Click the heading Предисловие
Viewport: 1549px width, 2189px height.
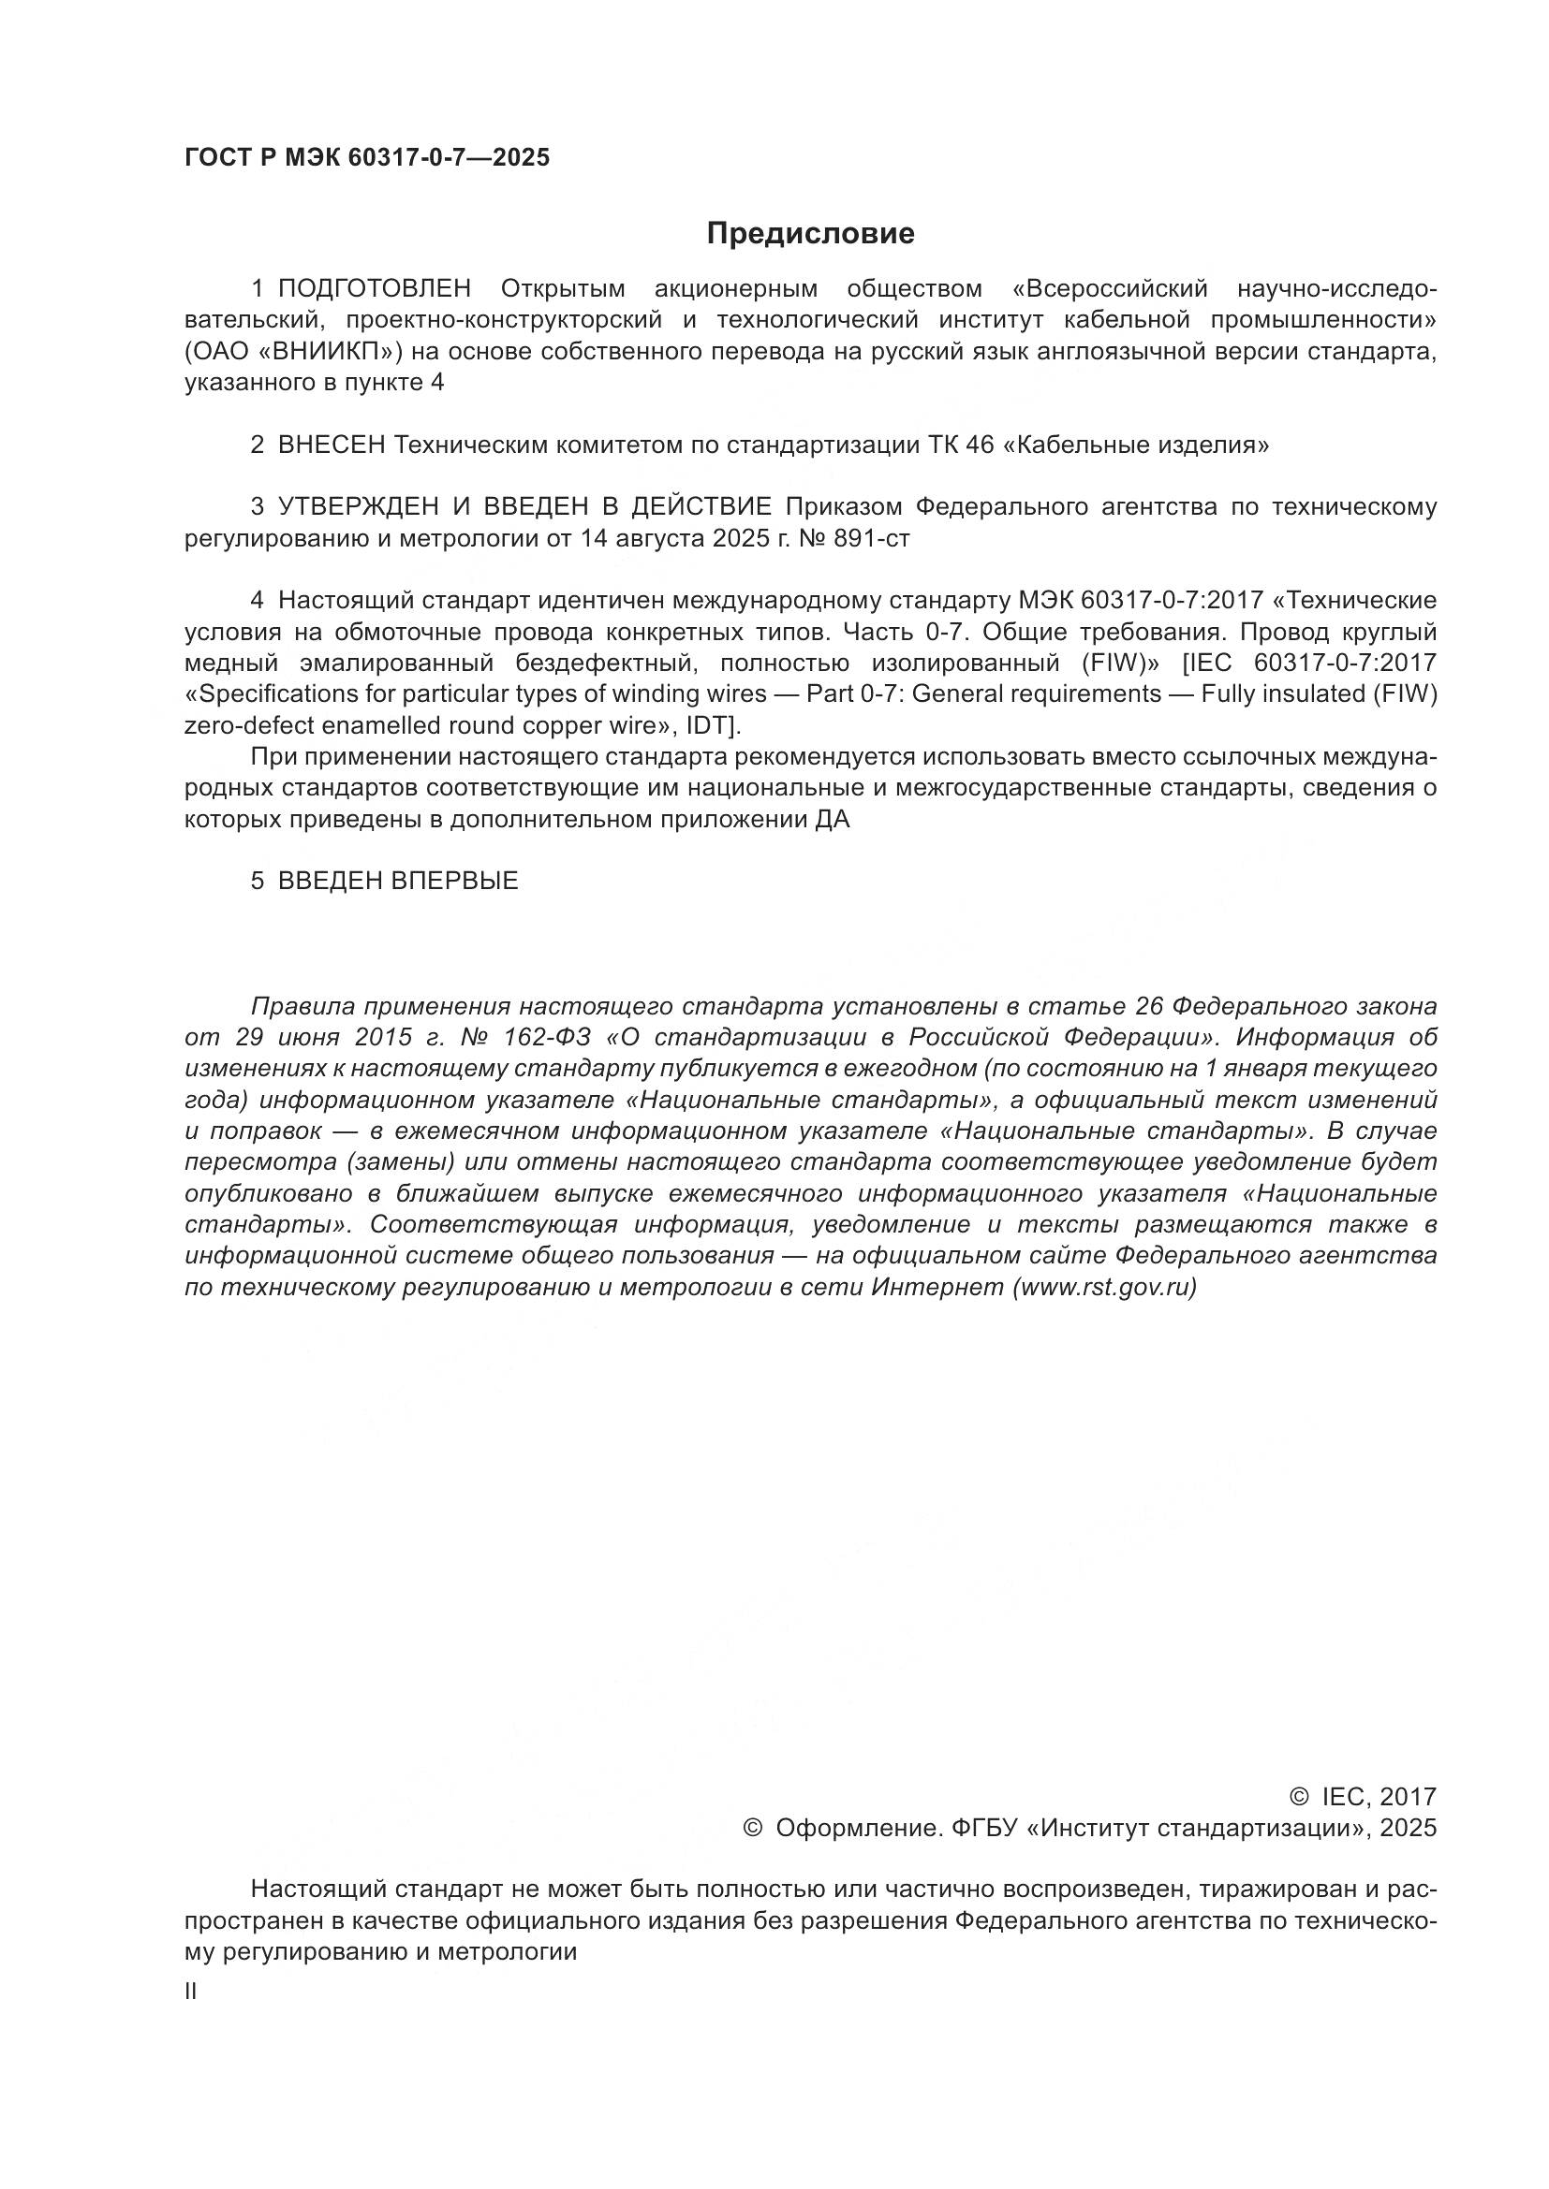pyautogui.click(x=810, y=234)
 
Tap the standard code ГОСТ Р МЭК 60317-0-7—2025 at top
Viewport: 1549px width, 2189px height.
pyautogui.click(x=367, y=158)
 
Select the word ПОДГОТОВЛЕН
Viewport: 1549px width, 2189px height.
pyautogui.click(x=375, y=289)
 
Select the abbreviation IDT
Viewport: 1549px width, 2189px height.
pyautogui.click(x=709, y=726)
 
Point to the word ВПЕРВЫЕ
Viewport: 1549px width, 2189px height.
pyautogui.click(x=455, y=881)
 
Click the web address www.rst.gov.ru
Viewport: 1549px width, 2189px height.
pyautogui.click(x=1103, y=1288)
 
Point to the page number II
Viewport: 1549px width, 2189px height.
pyautogui.click(x=190, y=1992)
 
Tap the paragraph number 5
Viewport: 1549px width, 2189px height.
pyautogui.click(x=257, y=881)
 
